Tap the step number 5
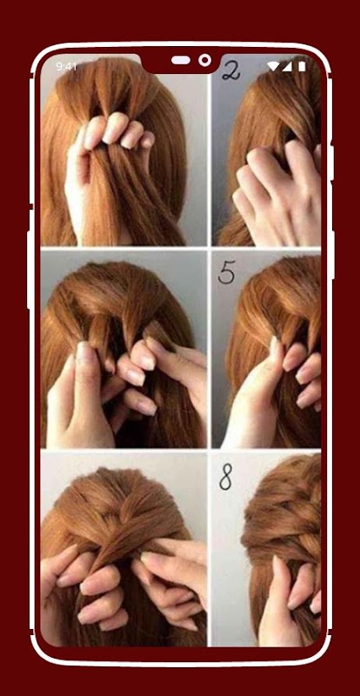pos(226,271)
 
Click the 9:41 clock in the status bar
pos(67,67)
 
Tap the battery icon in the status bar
pos(302,67)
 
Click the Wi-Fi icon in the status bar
pos(273,67)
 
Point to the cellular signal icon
pos(287,67)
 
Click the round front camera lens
pos(204,60)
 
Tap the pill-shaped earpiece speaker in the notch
pos(181,60)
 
